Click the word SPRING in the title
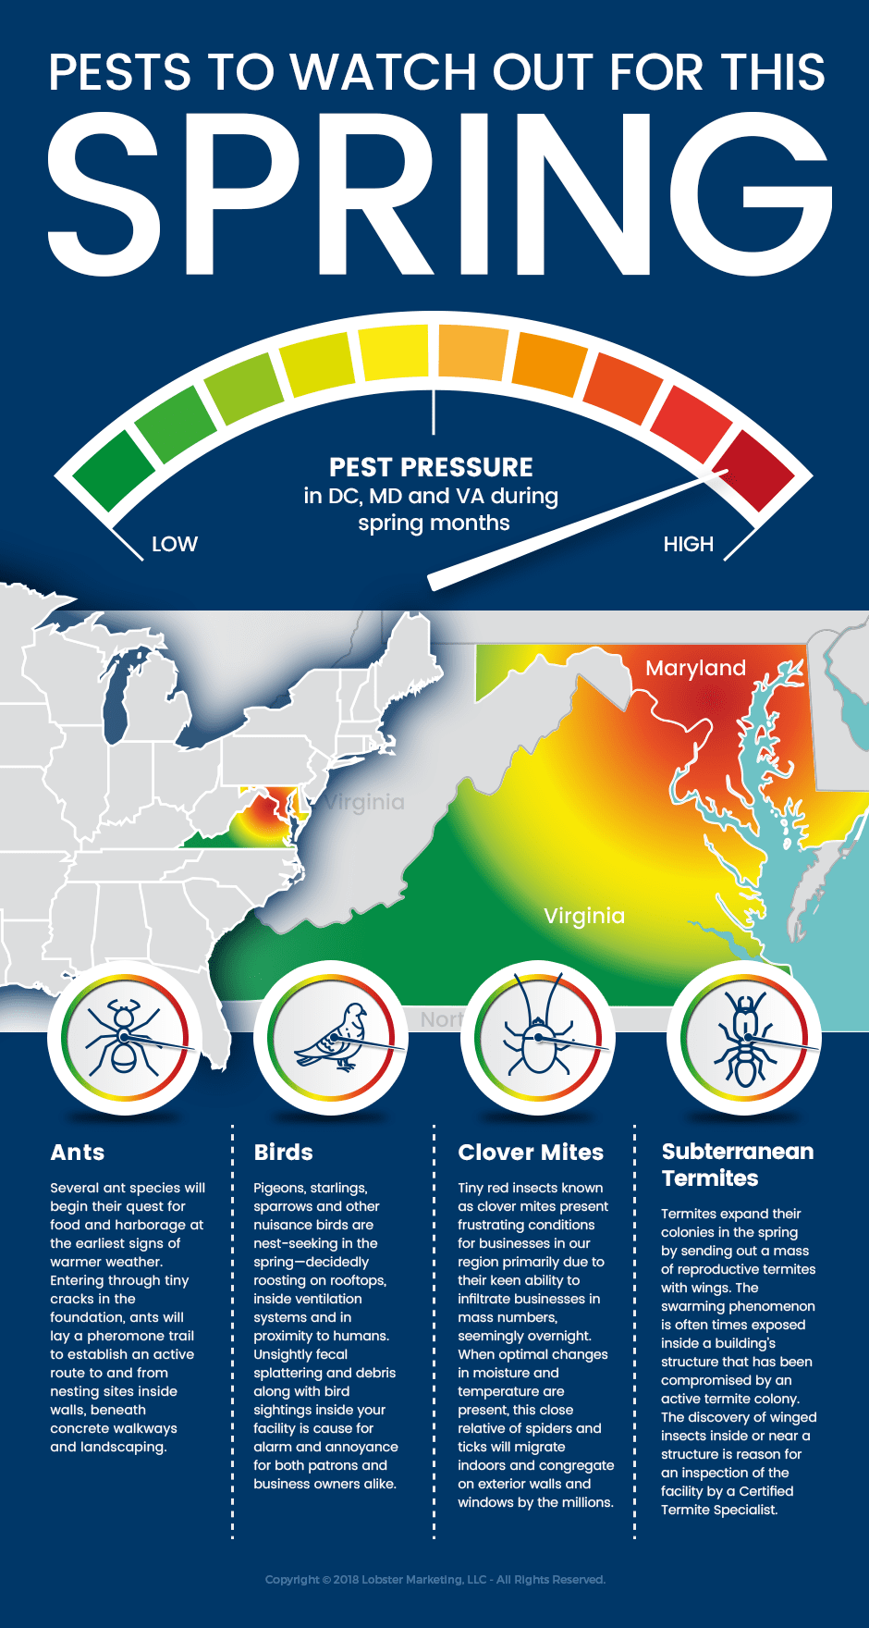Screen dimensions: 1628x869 coord(439,194)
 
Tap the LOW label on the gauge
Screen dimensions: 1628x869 coord(175,544)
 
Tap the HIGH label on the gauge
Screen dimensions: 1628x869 coord(689,544)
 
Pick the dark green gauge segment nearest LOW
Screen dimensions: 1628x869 coord(113,470)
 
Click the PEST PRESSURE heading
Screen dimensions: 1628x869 coord(431,467)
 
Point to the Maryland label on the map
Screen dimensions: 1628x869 coord(695,668)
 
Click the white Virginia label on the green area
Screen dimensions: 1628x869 coord(584,916)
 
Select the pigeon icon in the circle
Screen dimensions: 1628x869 coord(330,1038)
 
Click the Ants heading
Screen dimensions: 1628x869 coord(78,1153)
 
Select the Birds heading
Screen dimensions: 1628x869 coord(284,1153)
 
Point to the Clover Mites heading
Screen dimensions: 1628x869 coord(531,1153)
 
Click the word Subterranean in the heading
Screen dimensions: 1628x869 coord(738,1152)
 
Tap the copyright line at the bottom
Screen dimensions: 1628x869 coord(434,1580)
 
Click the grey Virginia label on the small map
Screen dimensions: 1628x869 coord(365,802)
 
